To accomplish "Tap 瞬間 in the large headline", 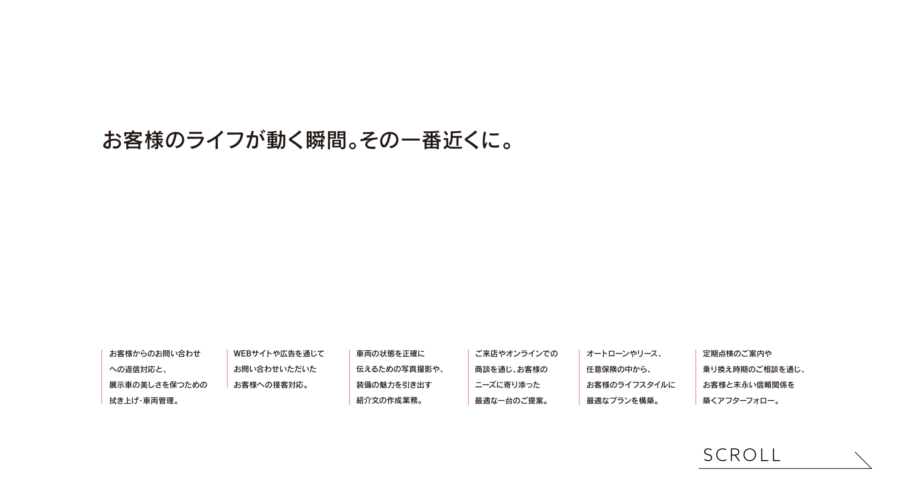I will click(327, 140).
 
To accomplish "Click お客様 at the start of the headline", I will click(133, 140).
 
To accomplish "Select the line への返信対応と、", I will click(138, 369).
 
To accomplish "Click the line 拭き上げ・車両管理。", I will click(143, 401).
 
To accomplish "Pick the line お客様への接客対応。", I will click(270, 385).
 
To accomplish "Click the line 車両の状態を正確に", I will click(390, 353).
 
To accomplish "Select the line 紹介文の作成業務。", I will click(389, 401).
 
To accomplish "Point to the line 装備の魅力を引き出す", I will click(394, 385).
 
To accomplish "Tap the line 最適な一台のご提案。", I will click(511, 401).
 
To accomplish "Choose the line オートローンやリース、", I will click(624, 353).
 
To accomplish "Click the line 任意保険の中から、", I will click(618, 369).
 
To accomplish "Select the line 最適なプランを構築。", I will click(623, 401).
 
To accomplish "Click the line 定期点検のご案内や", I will click(737, 353).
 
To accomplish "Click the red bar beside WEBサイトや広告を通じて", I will click(228, 369).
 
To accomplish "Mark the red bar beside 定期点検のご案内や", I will click(696, 377).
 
